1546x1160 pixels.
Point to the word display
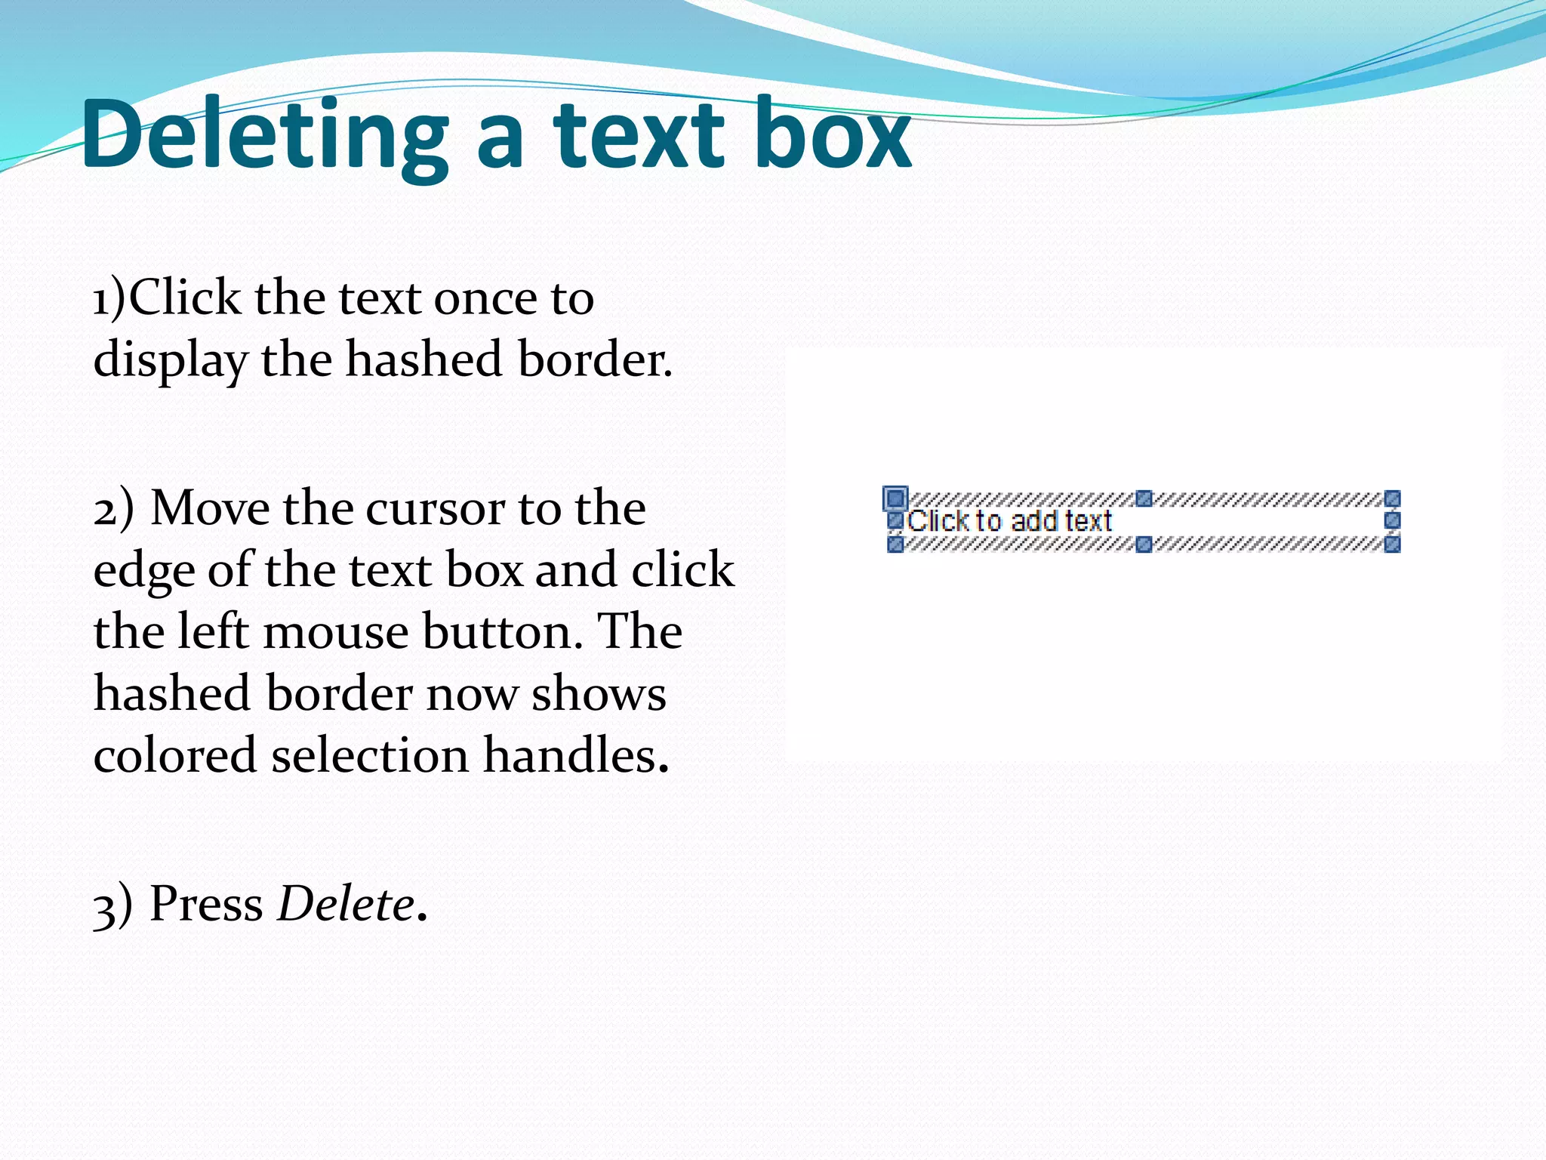click(x=171, y=359)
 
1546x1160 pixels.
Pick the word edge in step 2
click(x=143, y=571)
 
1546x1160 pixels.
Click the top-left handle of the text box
click(x=895, y=498)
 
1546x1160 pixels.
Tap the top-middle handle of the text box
click(x=1144, y=498)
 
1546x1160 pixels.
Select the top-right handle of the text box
click(x=1393, y=498)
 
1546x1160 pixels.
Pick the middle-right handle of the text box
click(x=1393, y=520)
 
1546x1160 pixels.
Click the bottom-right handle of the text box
click(x=1393, y=544)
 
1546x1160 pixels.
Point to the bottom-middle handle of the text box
click(x=1144, y=544)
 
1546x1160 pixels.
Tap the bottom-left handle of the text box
click(x=895, y=544)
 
